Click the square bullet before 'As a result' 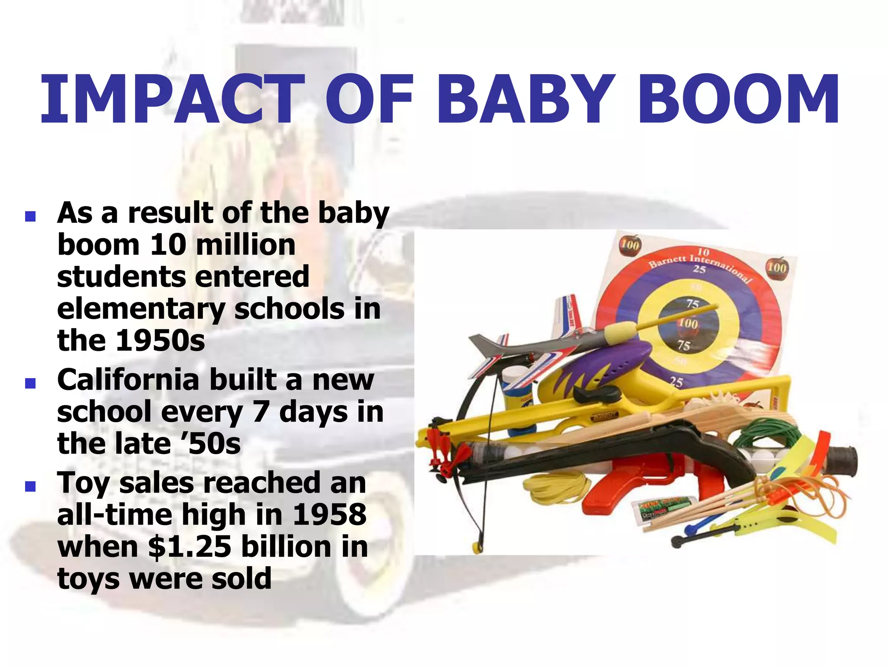tap(30, 216)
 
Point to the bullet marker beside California tap(30, 383)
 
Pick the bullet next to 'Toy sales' tap(30, 486)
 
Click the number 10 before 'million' tap(166, 245)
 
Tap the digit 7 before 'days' tap(261, 412)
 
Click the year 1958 tap(330, 515)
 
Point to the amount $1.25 tap(189, 547)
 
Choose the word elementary tap(141, 309)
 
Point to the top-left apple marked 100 tap(629, 245)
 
